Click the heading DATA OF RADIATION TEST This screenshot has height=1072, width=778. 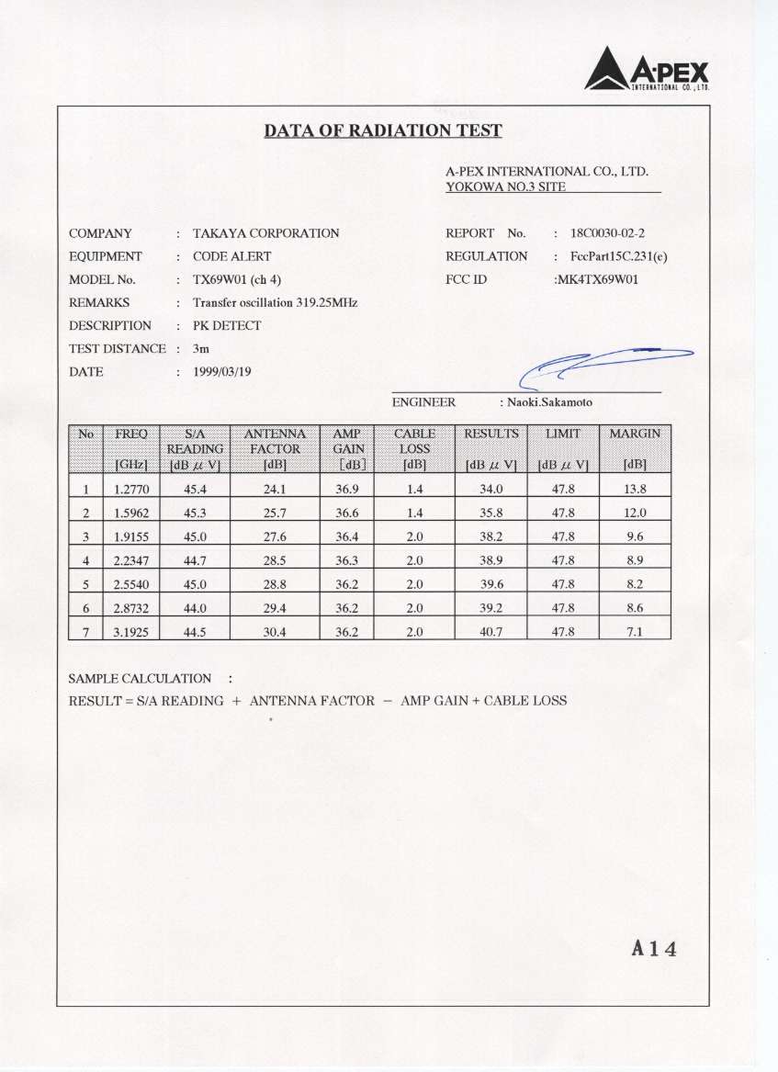383,130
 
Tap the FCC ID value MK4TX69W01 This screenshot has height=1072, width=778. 596,279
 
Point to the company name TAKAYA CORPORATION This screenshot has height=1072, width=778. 265,233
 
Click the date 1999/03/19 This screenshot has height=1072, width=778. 222,372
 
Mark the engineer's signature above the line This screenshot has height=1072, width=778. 602,364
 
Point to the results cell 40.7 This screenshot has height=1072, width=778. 491,631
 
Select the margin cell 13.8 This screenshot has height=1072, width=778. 635,489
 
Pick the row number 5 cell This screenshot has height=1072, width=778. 85,583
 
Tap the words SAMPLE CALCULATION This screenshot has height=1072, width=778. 140,679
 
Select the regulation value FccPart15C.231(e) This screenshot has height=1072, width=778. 618,256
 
